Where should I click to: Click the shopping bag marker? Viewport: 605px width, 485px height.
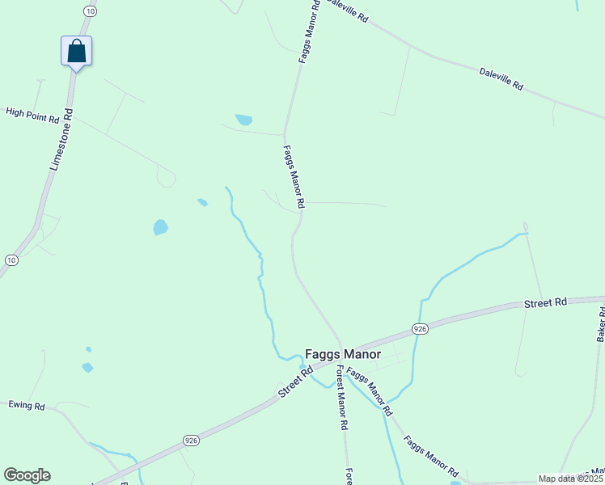click(x=76, y=51)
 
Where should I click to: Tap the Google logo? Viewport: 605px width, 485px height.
click(x=27, y=475)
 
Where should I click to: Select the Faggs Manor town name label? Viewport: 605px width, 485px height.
click(x=343, y=354)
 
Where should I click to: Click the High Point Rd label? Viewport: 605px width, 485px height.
click(x=33, y=115)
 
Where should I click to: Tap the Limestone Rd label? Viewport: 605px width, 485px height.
click(x=61, y=139)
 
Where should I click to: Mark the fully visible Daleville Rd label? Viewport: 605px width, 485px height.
click(x=501, y=78)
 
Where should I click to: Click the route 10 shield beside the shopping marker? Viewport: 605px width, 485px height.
click(x=90, y=11)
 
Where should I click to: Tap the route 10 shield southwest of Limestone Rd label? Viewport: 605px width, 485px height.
click(x=11, y=259)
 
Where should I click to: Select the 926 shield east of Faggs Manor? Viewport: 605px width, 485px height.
click(x=419, y=328)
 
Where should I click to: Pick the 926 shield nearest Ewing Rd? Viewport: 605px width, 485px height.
click(x=191, y=440)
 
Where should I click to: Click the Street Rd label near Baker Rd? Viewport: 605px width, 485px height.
click(x=544, y=303)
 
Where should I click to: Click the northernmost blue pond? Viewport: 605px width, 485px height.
click(x=243, y=120)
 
